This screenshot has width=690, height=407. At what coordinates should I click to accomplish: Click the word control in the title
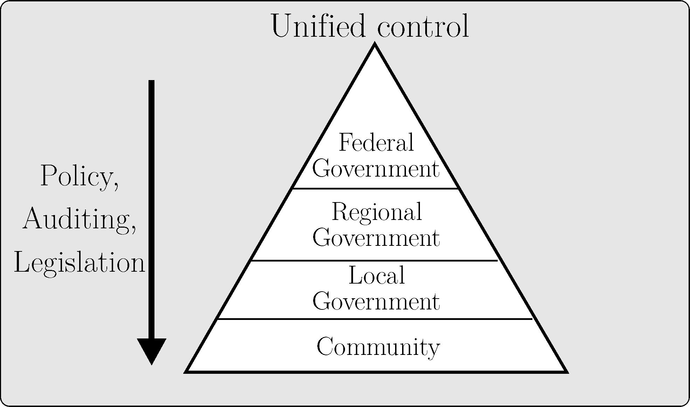pos(423,26)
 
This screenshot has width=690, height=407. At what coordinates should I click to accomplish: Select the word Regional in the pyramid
pos(377,213)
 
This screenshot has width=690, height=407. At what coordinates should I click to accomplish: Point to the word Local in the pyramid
pos(377,276)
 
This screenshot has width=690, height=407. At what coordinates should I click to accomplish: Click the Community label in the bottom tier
pos(378,347)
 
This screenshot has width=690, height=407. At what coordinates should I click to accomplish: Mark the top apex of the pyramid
pos(375,44)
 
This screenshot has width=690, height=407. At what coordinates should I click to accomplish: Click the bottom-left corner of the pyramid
pos(187,371)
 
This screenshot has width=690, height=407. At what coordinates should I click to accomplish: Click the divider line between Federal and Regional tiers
pos(375,189)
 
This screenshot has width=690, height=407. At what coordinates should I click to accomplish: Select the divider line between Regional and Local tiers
pos(374,260)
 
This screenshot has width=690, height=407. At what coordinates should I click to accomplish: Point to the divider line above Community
pos(375,319)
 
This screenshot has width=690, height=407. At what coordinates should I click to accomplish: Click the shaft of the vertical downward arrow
pos(151,210)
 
